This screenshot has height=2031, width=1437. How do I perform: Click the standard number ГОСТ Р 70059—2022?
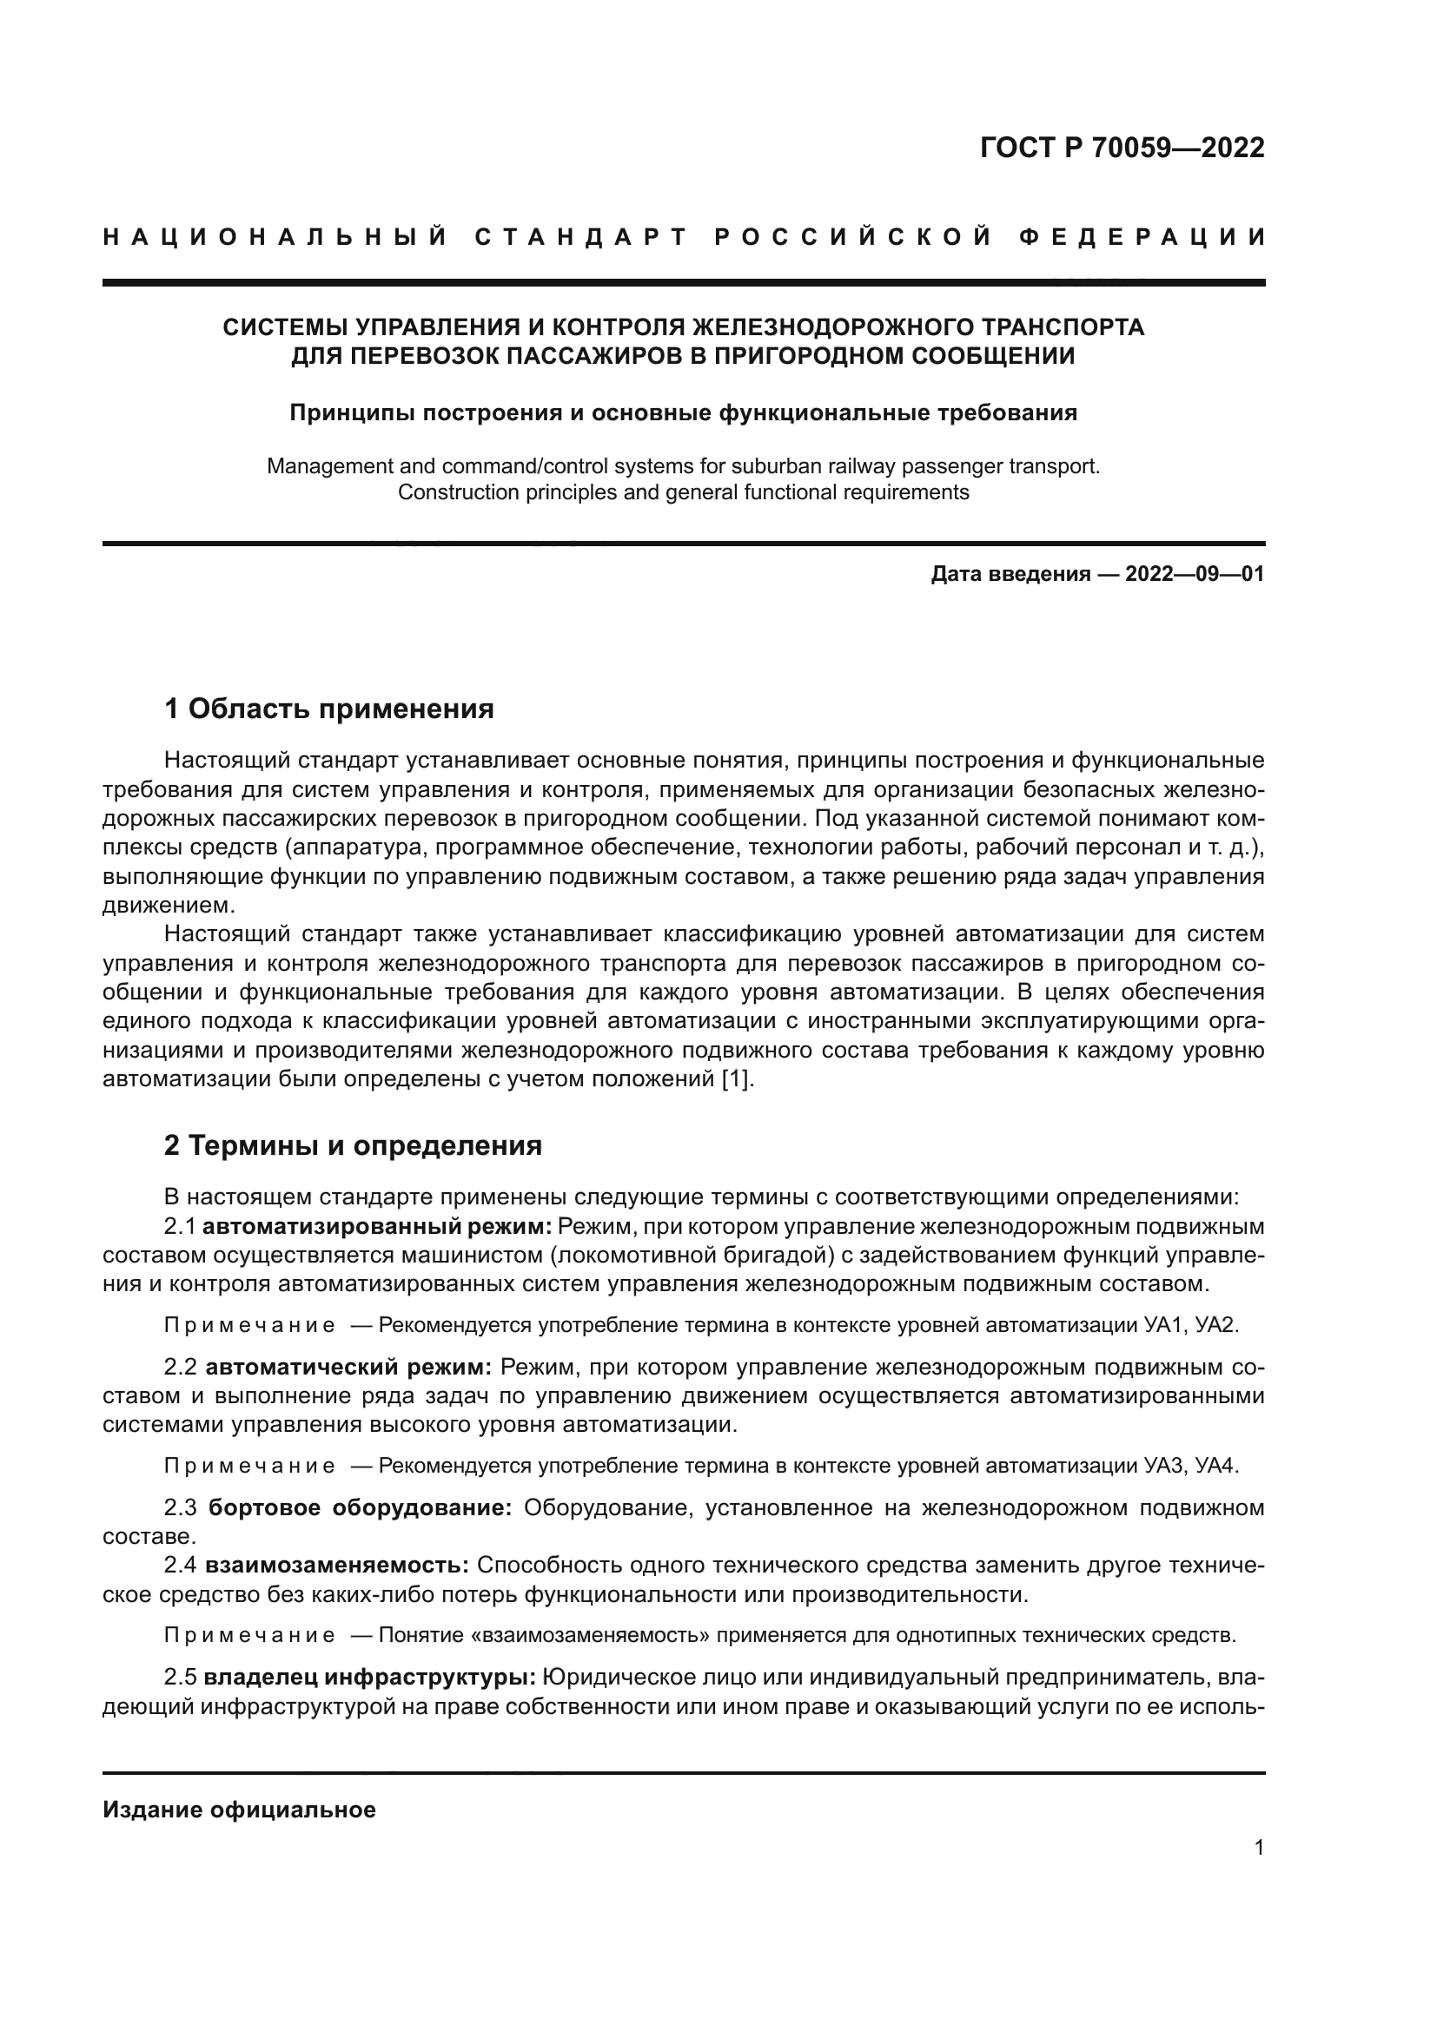click(x=1122, y=148)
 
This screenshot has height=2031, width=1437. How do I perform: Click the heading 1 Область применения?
click(x=329, y=709)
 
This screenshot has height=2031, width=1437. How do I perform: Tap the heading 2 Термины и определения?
click(x=353, y=1145)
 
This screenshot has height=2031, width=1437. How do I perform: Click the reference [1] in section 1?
click(x=738, y=1079)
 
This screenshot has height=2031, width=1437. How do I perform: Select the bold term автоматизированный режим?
click(x=377, y=1227)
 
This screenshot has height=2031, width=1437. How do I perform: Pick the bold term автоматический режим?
click(x=348, y=1368)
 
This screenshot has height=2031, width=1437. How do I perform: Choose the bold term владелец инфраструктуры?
click(x=369, y=1678)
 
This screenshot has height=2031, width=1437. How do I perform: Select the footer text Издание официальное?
click(x=239, y=1810)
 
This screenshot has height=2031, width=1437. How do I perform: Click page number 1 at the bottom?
click(x=1258, y=1848)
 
